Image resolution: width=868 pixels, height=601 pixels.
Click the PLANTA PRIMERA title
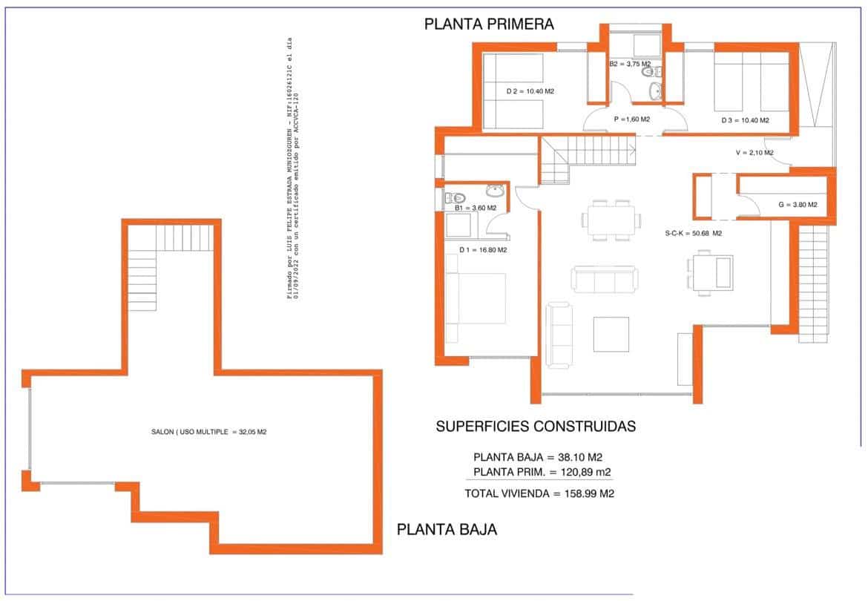[x=489, y=24]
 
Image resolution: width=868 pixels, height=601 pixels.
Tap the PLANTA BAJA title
[x=447, y=530]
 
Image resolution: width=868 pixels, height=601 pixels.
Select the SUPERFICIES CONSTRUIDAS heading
[x=536, y=427]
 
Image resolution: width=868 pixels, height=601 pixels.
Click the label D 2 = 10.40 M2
[x=530, y=92]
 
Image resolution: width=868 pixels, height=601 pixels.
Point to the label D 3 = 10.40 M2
[x=745, y=120]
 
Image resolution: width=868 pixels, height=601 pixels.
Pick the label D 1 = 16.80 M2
[x=482, y=250]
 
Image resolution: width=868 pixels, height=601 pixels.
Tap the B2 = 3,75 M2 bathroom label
[x=630, y=65]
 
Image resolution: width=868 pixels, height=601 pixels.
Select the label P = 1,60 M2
[x=631, y=119]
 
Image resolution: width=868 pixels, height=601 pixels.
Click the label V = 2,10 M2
[x=754, y=153]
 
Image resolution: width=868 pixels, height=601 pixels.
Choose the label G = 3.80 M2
[x=798, y=204]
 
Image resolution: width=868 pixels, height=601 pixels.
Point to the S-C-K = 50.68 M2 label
[x=693, y=234]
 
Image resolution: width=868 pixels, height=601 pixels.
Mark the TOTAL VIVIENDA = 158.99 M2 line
[x=539, y=493]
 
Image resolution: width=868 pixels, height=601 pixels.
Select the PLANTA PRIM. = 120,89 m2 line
[x=542, y=472]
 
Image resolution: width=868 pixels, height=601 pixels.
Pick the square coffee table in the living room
[x=611, y=335]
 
